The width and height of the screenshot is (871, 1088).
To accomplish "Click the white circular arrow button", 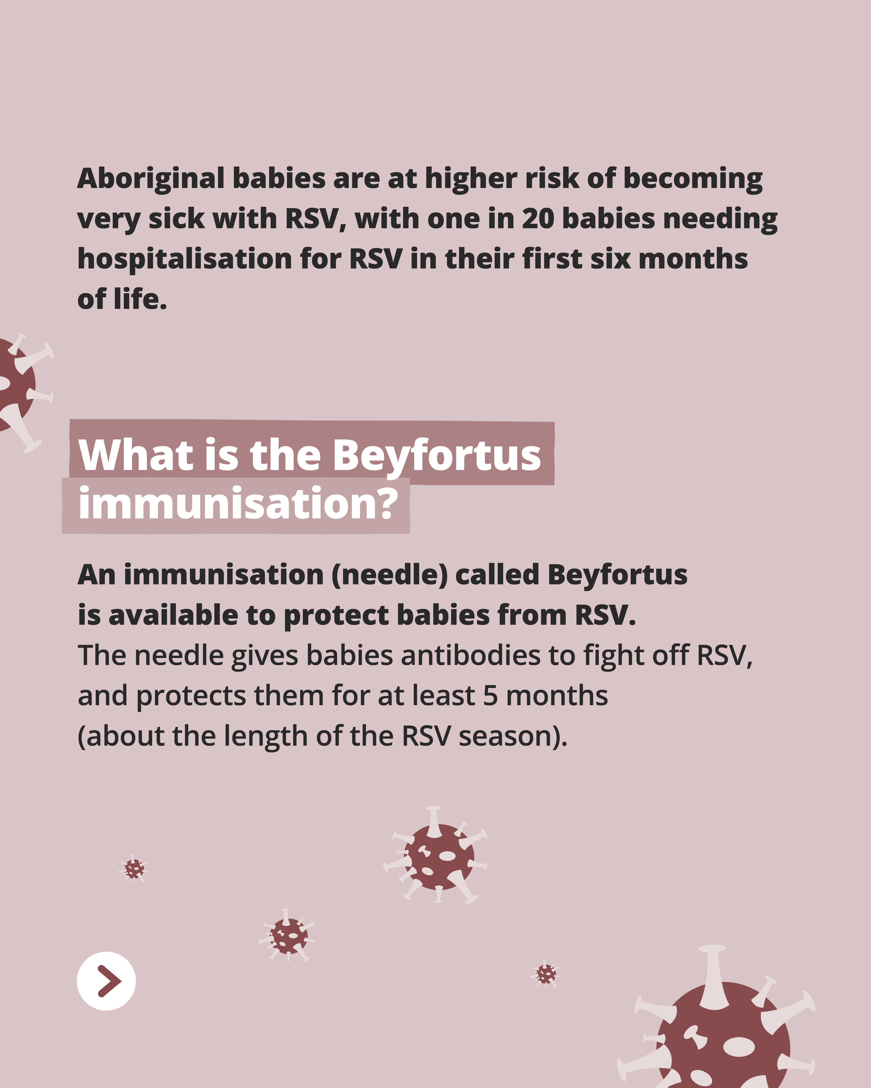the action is [106, 981].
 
